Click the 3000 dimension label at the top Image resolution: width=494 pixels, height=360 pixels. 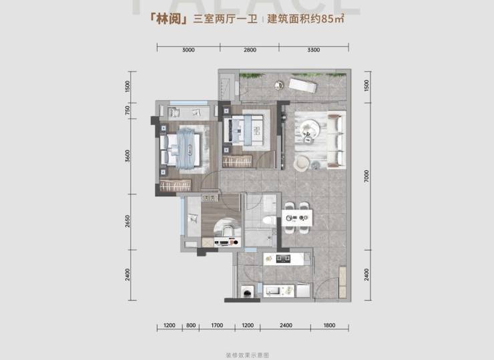click(188, 50)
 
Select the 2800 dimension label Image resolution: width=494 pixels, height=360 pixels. click(250, 50)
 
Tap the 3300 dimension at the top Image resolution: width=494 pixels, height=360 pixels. click(314, 50)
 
